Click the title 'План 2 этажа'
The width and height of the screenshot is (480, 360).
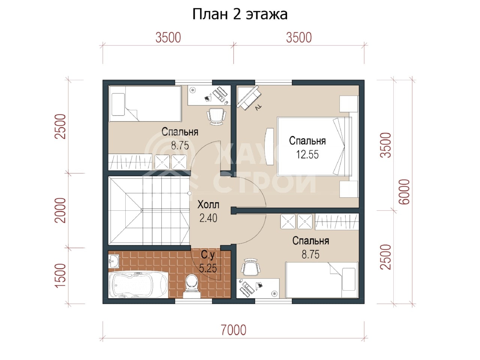240,14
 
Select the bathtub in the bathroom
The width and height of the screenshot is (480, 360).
138,285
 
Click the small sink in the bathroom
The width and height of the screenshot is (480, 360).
114,261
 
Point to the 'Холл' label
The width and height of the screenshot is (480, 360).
208,205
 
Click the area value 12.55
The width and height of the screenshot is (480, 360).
307,154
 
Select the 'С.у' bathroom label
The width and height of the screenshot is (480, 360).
208,255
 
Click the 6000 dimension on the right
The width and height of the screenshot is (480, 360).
404,192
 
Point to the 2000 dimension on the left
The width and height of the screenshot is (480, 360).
60,210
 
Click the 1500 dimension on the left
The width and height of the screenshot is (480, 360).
60,276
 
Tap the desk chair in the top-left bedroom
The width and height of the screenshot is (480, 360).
216,116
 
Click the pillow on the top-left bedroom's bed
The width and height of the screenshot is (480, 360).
118,105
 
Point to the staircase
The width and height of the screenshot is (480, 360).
149,210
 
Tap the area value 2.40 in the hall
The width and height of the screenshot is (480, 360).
208,218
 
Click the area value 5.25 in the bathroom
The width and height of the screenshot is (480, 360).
208,268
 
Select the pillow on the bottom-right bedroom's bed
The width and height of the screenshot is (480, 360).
349,279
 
